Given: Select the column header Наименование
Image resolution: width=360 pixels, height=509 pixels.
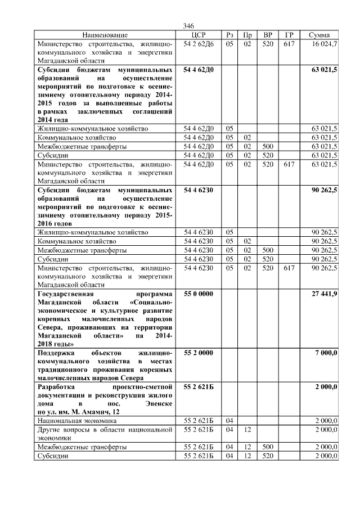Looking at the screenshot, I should point(105,35).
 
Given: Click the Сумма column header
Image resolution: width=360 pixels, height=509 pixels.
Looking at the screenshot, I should point(319,35).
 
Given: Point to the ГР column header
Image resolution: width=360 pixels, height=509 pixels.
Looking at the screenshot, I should point(289,35).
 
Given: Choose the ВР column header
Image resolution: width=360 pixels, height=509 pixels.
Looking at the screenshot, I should point(268,35).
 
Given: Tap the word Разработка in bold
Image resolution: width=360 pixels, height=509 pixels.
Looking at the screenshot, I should point(55,387).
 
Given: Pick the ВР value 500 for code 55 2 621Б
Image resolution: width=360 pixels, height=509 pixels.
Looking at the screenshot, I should point(268,447).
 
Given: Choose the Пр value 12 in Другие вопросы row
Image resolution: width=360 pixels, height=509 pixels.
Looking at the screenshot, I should point(247,430).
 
